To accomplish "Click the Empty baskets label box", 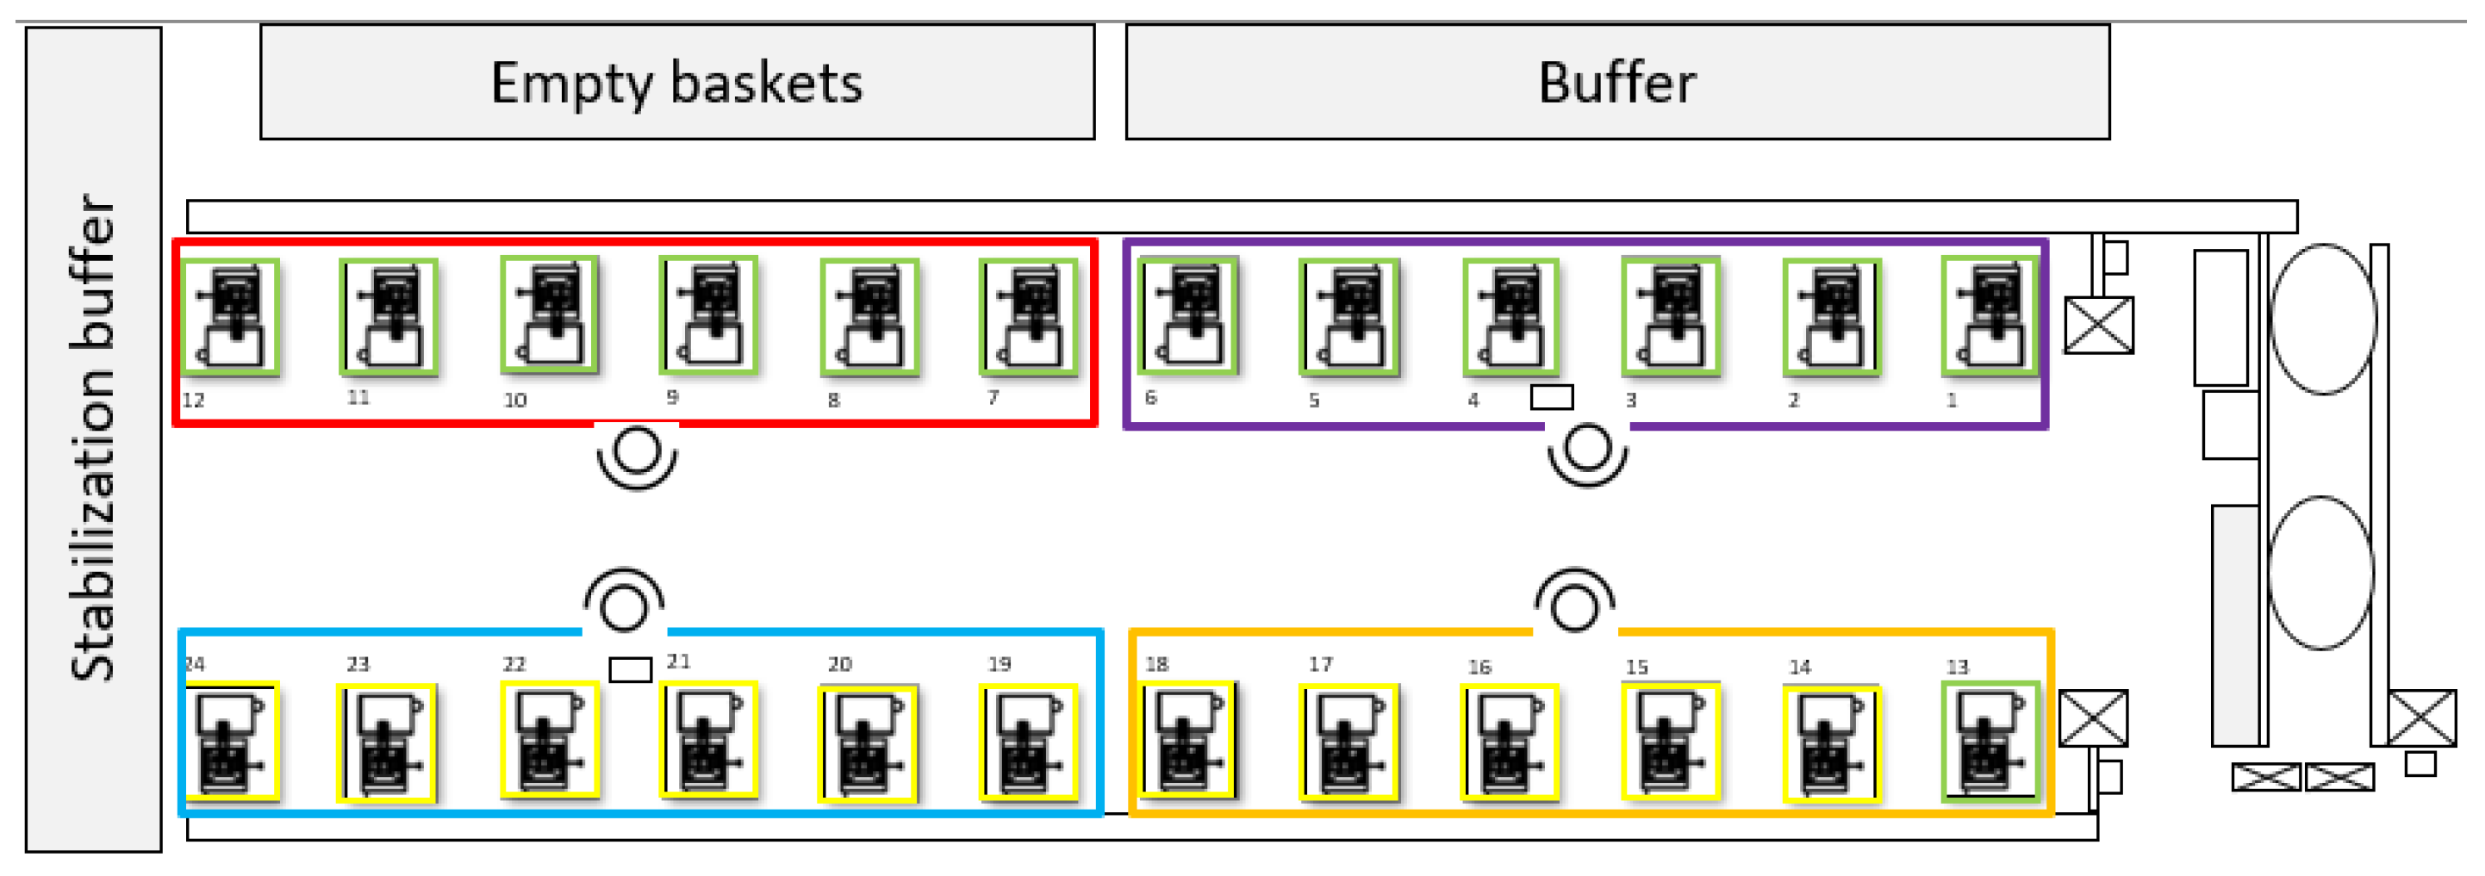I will (x=677, y=82).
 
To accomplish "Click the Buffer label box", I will (x=1616, y=82).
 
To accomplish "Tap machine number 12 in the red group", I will (x=232, y=316).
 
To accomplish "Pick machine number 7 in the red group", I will (x=1028, y=316).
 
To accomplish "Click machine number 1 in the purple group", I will (x=1990, y=316).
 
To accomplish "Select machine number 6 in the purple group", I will (x=1187, y=316).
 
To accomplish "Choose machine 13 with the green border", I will (x=1990, y=741).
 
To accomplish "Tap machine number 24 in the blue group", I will (x=232, y=741).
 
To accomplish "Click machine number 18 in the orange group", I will (x=1187, y=741).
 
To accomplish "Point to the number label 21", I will (x=678, y=661).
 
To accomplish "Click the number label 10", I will (x=515, y=400).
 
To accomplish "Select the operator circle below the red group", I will (x=637, y=451).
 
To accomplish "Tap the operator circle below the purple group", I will (x=1588, y=449).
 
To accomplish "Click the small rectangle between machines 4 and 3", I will (x=1551, y=396).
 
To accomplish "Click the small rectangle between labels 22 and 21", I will (x=630, y=668).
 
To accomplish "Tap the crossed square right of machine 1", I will (x=2099, y=325).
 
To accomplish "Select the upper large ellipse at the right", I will (x=2323, y=319).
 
